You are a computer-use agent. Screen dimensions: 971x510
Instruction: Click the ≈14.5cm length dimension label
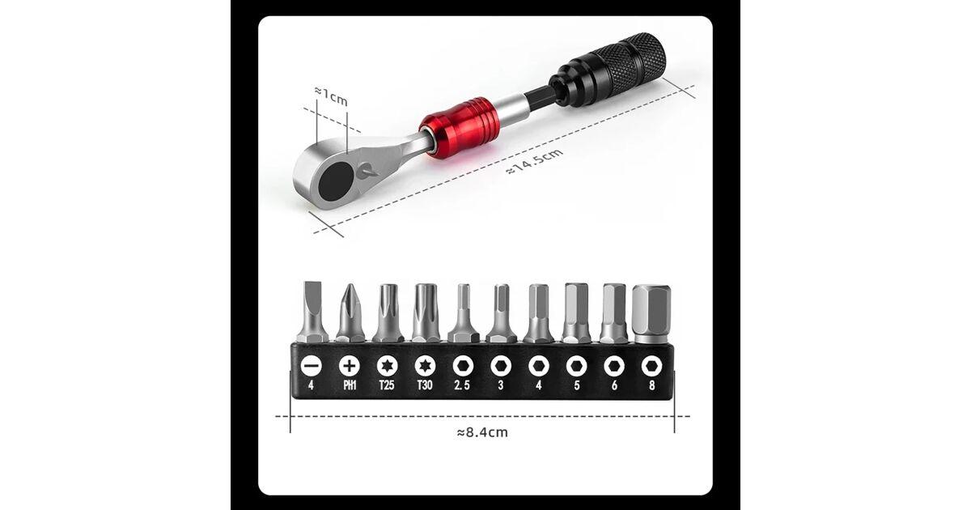[x=535, y=162]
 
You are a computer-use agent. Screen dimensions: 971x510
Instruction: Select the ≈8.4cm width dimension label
[x=482, y=432]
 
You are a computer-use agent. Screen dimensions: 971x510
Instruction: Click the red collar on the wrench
[x=460, y=128]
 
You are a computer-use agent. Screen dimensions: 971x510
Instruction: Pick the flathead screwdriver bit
[x=312, y=312]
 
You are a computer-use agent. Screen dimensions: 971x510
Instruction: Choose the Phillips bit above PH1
[x=350, y=312]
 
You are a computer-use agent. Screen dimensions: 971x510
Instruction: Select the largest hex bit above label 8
[x=651, y=313]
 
